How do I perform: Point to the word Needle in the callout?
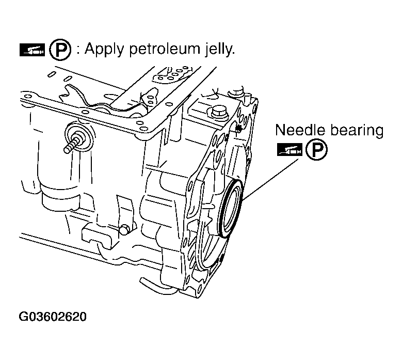pyautogui.click(x=299, y=130)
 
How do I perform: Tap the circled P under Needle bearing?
pyautogui.click(x=315, y=150)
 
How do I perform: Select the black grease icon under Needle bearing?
pyautogui.click(x=289, y=150)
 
